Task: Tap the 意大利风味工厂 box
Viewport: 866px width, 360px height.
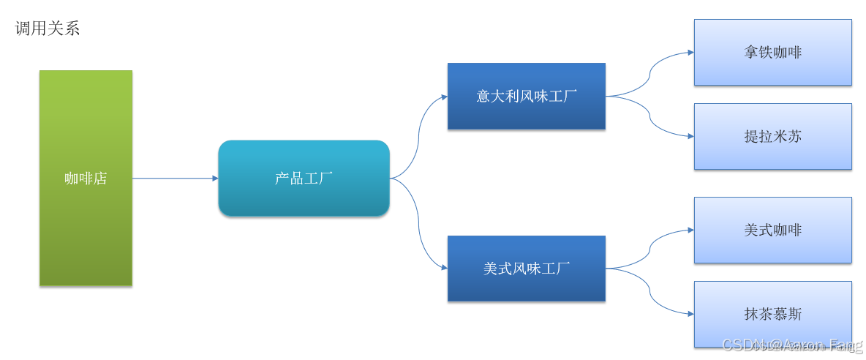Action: coord(526,113)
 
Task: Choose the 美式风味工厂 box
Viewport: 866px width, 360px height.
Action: coord(526,285)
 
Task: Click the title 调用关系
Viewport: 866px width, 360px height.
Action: coord(48,29)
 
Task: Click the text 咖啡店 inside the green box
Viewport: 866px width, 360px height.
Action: coord(86,178)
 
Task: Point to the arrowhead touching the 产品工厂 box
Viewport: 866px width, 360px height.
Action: coord(214,178)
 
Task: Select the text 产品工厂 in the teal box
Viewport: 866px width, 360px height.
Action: coord(304,178)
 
